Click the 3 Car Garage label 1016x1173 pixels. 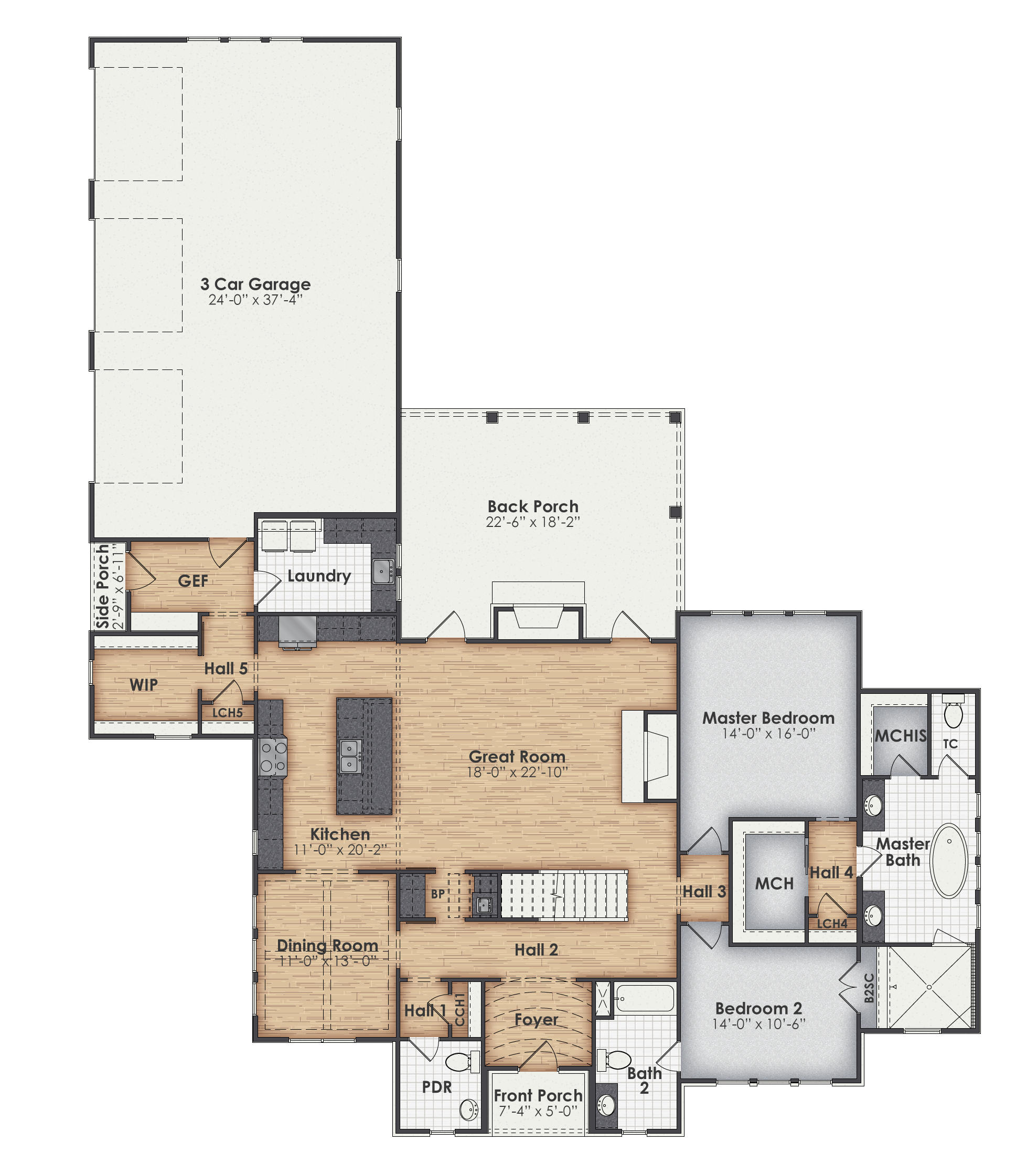coord(255,283)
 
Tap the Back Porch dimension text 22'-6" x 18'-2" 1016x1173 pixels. coord(532,522)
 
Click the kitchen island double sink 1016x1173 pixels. coord(350,756)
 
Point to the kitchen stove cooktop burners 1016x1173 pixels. coord(273,757)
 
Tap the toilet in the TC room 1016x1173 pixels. coord(953,714)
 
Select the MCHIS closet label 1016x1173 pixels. coord(900,736)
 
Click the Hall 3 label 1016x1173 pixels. coord(703,892)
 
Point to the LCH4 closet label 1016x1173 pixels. coord(832,923)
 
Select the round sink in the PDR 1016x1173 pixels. coord(468,1109)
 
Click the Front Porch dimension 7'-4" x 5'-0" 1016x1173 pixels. coord(538,1111)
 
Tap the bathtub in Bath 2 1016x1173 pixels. coord(645,998)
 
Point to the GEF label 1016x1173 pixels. coord(193,581)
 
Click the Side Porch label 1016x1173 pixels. coord(103,587)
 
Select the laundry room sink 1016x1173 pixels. coord(383,571)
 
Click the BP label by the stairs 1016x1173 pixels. coord(437,894)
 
